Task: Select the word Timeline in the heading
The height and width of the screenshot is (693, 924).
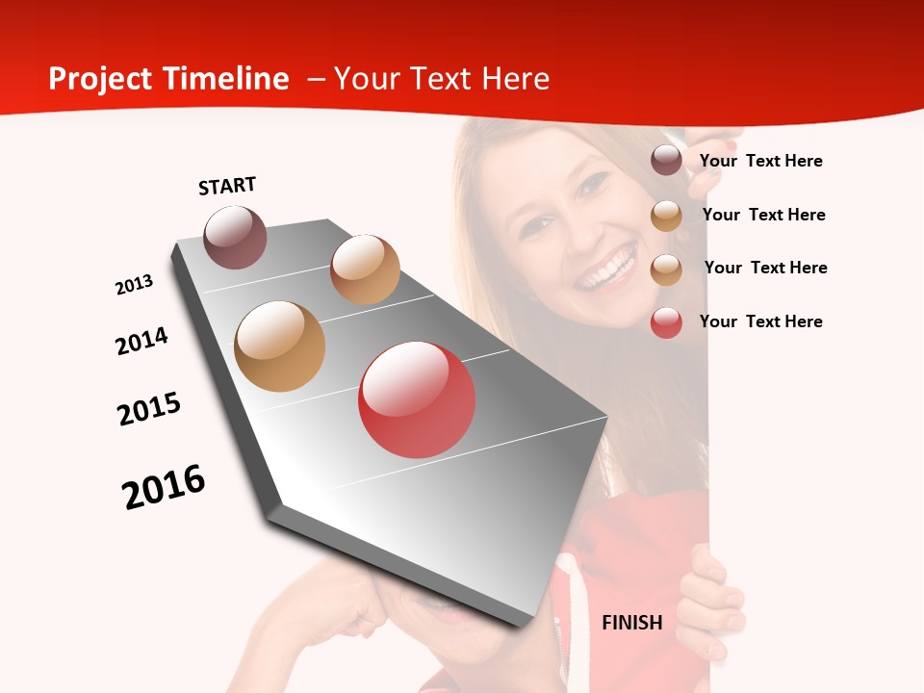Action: [228, 79]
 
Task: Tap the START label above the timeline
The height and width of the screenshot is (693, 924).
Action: [227, 186]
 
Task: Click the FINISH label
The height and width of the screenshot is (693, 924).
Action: [632, 623]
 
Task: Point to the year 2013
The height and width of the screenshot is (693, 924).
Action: [135, 285]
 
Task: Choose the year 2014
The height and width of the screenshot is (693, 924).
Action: [142, 341]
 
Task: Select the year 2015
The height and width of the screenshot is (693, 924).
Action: [149, 409]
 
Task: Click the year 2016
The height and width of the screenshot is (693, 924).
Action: [164, 487]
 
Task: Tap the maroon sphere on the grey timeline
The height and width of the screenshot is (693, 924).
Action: [235, 237]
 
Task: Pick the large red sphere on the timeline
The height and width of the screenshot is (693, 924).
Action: [417, 399]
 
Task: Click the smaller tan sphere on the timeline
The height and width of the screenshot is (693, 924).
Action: [365, 269]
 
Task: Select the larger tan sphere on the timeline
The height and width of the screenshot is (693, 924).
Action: [280, 346]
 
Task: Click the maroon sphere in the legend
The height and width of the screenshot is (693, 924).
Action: [666, 161]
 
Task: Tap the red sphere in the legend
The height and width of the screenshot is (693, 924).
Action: [666, 322]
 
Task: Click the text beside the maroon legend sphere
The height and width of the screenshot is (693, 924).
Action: [760, 161]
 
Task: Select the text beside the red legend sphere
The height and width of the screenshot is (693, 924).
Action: [760, 321]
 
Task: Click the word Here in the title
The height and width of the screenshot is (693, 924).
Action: [515, 79]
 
